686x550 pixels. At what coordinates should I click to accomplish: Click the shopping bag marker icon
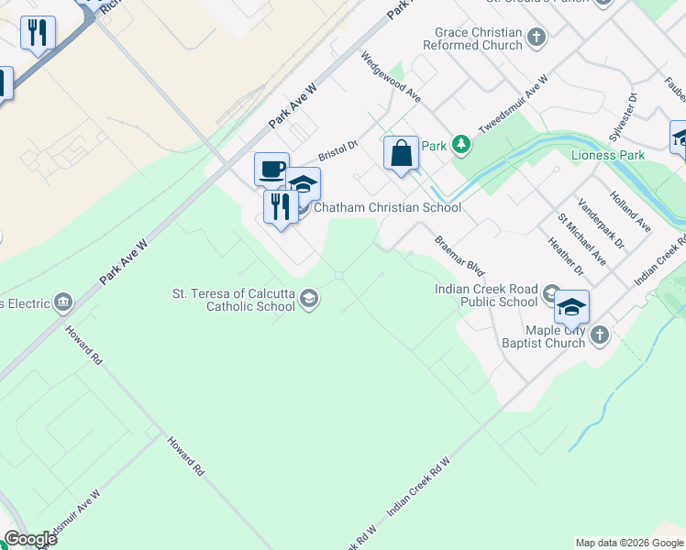pos(402,152)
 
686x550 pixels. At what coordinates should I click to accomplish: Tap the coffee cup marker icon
pos(271,169)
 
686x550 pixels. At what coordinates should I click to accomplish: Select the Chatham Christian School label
pos(387,207)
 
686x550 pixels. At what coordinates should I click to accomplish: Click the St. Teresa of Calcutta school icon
pos(310,297)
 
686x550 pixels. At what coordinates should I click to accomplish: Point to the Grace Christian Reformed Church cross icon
pos(536,38)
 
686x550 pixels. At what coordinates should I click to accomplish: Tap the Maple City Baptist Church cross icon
pos(600,335)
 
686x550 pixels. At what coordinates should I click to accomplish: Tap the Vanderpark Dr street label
pos(601,225)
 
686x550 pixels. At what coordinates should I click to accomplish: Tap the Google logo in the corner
pos(30,539)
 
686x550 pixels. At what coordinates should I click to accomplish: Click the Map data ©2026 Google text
pos(629,543)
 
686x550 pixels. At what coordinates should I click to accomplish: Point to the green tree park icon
pos(462,145)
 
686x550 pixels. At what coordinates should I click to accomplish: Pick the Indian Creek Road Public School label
pos(485,295)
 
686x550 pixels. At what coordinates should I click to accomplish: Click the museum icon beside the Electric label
pos(63,301)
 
